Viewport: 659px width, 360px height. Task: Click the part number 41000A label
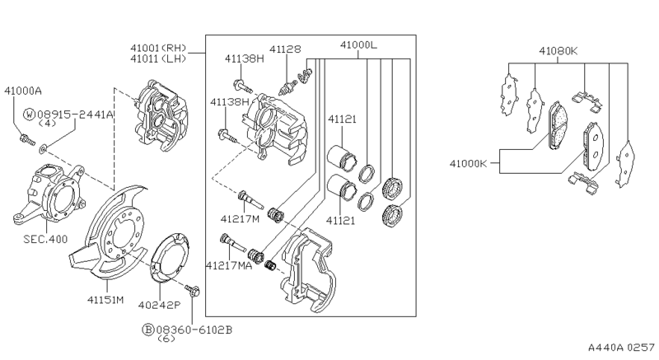[22, 91]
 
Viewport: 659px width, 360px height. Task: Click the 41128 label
[285, 49]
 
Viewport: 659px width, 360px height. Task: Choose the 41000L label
[359, 46]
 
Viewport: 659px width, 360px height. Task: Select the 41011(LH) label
[158, 60]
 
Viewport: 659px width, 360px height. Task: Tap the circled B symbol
[147, 328]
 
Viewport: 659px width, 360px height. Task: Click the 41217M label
[239, 219]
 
